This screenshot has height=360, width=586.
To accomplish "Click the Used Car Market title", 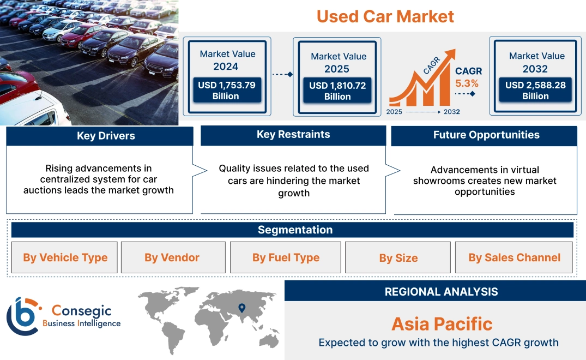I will pos(385,16).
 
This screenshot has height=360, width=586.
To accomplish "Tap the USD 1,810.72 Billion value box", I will pos(337,91).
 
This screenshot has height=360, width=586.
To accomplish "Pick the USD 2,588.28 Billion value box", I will pos(535,91).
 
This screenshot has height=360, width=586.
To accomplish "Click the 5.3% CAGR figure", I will pos(467,83).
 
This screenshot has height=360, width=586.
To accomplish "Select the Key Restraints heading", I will pos(293,135).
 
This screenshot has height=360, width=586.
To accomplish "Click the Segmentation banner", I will pos(295,230).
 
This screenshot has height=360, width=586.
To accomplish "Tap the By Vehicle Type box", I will pos(65,257).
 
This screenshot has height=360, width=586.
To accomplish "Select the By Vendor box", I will pos(172,257).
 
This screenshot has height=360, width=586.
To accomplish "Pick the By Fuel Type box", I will pos(286,257).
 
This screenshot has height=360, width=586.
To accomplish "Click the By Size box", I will pos(398,258).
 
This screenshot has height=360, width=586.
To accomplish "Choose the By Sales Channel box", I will pos(514,257).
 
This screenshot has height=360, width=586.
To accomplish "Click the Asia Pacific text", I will pos(442,324).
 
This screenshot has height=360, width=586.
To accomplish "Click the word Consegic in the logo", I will pos(82,311).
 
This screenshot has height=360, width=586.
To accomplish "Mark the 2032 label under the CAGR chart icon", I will pos(451,112).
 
